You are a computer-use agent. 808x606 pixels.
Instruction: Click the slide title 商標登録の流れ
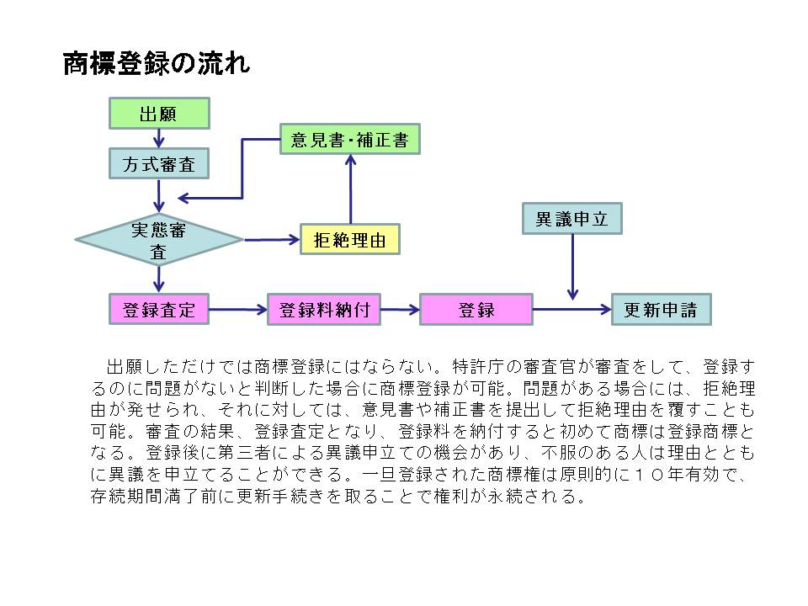[x=157, y=66]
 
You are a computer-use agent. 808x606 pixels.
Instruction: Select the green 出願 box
[x=159, y=114]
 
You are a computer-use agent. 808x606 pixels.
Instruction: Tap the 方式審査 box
[x=159, y=164]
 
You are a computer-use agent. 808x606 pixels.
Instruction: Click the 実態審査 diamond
[x=159, y=240]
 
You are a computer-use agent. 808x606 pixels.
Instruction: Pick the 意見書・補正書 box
[x=349, y=139]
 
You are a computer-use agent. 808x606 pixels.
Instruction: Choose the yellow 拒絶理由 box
[x=349, y=240]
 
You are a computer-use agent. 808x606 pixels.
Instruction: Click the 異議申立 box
[x=572, y=219]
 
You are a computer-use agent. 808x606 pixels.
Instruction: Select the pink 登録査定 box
[x=159, y=309]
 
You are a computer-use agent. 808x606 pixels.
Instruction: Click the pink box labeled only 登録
[x=476, y=309]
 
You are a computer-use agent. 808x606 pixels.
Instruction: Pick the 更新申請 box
[x=661, y=309]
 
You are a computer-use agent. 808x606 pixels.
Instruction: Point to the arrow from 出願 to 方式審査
[x=159, y=139]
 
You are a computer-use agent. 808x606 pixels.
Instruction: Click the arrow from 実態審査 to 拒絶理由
[x=271, y=240]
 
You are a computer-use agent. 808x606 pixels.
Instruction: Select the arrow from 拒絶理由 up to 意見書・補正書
[x=349, y=190]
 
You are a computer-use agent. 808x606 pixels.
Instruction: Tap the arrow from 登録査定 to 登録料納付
[x=238, y=309]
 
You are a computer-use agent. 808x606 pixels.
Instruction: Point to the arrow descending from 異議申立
[x=572, y=266]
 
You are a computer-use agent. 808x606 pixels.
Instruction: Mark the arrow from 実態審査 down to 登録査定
[x=159, y=279]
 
